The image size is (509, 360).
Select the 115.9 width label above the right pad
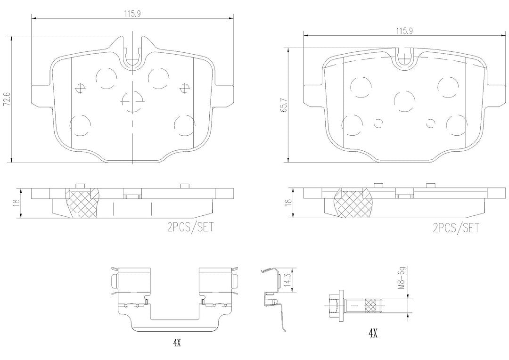[x=404, y=31]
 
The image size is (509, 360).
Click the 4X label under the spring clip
[x=176, y=343]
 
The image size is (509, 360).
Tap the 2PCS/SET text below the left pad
[x=190, y=227]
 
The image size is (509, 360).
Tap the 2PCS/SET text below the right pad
[x=456, y=228]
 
